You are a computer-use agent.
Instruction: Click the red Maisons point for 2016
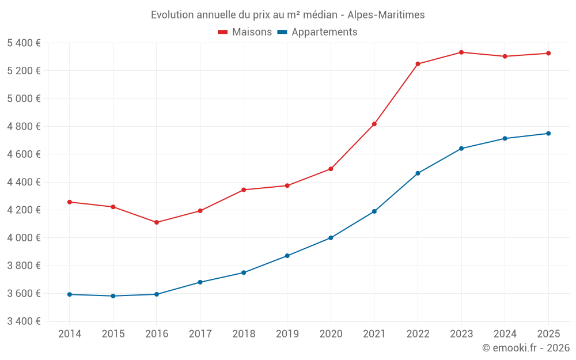[x=157, y=222]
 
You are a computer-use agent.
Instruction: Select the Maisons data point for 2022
[x=418, y=64]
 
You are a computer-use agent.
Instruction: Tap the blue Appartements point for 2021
[x=374, y=211]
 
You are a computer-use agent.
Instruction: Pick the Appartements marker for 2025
[x=548, y=134]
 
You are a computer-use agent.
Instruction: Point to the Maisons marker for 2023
[x=461, y=52]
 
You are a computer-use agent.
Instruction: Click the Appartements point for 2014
[x=70, y=294]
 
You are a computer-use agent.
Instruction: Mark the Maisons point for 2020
[x=331, y=169]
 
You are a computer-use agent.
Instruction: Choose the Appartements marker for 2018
[x=244, y=272]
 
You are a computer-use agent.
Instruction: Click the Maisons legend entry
[x=245, y=32]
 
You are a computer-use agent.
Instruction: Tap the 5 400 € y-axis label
[x=24, y=43]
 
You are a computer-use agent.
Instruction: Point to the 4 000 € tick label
[x=24, y=238]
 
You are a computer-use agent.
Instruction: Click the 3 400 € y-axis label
[x=24, y=321]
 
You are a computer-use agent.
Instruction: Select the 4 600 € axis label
[x=24, y=154]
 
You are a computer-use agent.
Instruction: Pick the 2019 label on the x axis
[x=287, y=334]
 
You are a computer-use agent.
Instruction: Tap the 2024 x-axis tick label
[x=505, y=334]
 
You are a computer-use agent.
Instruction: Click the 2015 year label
[x=113, y=334]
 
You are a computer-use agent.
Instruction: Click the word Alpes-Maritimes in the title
[x=386, y=15]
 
